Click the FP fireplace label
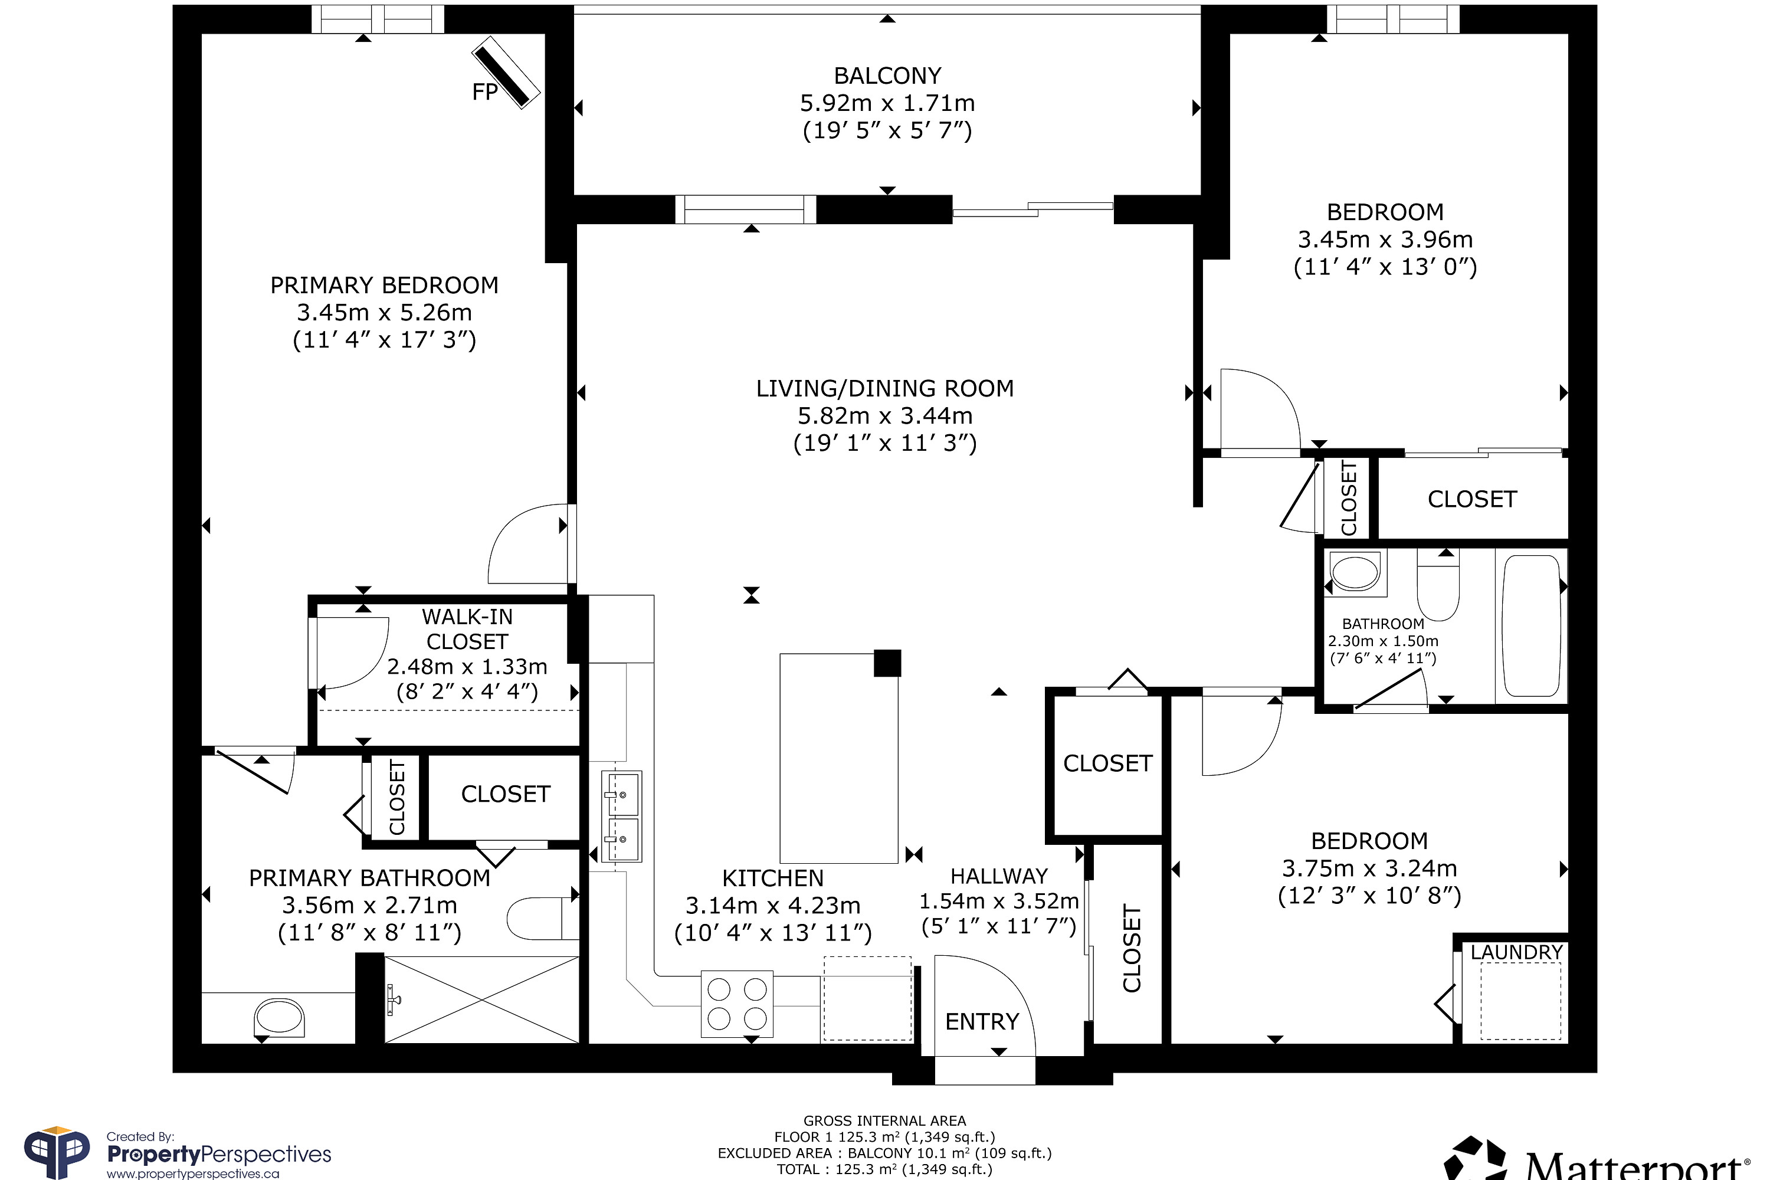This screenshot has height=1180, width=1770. pos(484,92)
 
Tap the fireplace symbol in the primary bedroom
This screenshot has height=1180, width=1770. pos(506,72)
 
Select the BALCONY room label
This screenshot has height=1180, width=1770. pos(887,76)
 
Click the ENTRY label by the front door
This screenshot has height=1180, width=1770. pos(982,1021)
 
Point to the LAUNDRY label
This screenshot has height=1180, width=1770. pos(1516,952)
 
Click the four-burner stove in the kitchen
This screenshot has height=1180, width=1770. pos(737,1004)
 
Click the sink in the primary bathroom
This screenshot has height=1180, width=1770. pos(279,1017)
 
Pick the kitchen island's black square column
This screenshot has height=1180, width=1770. pos(887,663)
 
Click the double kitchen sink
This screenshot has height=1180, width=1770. pos(622,817)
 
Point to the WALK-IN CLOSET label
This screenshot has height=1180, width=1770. pos(467,629)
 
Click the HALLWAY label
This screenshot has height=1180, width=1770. pos(999,876)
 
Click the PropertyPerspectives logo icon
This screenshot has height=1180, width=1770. pos(57,1152)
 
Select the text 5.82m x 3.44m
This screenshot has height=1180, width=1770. pos(885,415)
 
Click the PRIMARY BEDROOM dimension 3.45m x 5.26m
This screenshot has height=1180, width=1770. pos(384,312)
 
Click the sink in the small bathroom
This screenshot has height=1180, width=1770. pos(1355,573)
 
